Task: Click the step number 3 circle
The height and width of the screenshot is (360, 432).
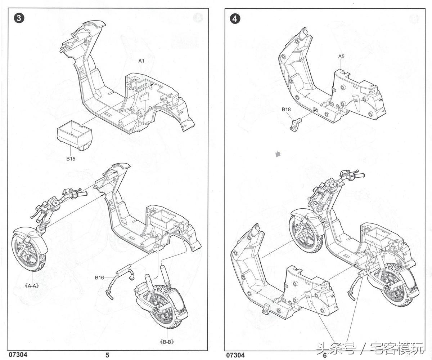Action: click(19, 18)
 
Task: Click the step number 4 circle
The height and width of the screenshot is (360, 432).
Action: click(235, 19)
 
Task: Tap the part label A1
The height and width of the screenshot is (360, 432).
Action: click(141, 61)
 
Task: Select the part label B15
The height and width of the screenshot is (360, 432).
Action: click(71, 159)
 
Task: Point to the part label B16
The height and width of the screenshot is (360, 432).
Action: click(99, 277)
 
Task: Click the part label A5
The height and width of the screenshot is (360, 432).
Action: click(341, 56)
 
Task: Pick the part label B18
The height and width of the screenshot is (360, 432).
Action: click(286, 109)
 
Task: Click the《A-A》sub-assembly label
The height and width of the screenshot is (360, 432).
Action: click(32, 286)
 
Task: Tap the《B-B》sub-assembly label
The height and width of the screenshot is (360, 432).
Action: click(167, 342)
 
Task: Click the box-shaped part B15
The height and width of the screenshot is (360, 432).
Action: click(74, 135)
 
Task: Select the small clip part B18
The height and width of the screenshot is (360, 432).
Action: click(296, 125)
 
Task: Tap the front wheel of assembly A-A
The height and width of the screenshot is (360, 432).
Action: click(29, 252)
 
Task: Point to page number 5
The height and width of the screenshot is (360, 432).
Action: click(107, 355)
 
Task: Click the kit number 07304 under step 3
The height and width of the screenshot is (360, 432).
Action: click(18, 354)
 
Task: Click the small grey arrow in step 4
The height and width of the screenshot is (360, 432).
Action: click(278, 154)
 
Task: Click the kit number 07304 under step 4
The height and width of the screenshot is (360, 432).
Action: click(235, 355)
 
